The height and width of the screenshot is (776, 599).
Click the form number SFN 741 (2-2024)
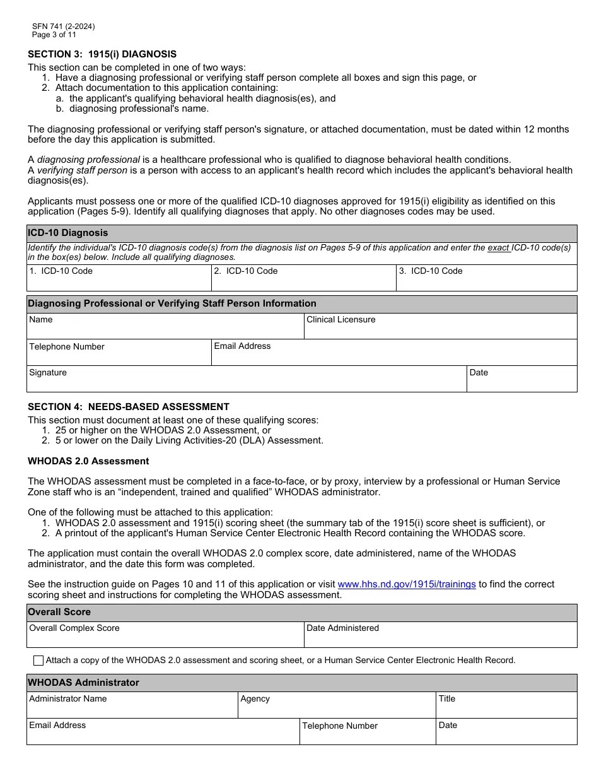pos(64,26)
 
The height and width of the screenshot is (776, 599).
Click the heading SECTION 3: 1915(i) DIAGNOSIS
pos(102,54)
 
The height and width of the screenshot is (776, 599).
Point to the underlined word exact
pos(498,248)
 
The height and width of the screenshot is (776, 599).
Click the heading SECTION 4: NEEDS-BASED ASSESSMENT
pos(129,407)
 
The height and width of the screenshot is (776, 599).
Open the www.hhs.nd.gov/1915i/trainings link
pos(407,584)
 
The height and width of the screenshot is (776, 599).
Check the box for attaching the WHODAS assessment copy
pos(38,661)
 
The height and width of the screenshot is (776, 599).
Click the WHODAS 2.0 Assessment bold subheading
pos(88,461)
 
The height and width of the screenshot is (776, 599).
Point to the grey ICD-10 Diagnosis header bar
pos(301,233)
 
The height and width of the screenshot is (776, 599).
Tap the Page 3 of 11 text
pos(54,35)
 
